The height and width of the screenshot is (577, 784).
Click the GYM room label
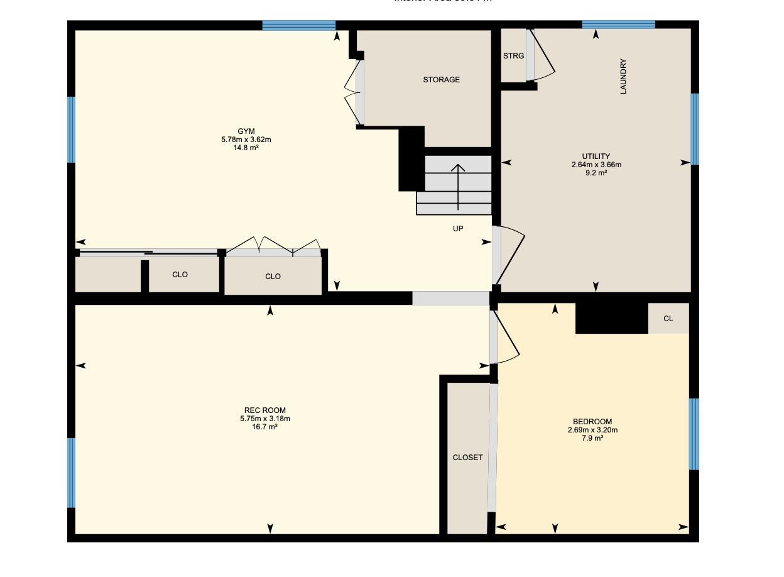(x=246, y=131)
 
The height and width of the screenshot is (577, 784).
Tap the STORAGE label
(x=441, y=80)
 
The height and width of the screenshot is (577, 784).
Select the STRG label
(x=513, y=56)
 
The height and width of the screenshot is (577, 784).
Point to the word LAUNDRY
(x=623, y=77)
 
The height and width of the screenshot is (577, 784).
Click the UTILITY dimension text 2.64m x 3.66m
(x=596, y=165)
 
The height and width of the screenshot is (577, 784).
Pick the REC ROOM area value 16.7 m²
(x=264, y=427)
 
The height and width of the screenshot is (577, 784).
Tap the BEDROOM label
(x=592, y=422)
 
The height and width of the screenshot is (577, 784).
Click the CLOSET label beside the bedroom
(x=467, y=458)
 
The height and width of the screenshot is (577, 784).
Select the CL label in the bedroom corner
(x=668, y=319)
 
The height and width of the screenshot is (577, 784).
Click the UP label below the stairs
(x=458, y=229)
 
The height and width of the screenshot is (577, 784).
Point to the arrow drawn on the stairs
(x=458, y=186)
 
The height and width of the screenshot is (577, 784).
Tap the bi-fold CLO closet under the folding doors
(x=273, y=277)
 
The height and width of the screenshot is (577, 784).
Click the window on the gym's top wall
(x=298, y=26)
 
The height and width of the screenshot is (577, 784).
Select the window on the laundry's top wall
(x=618, y=25)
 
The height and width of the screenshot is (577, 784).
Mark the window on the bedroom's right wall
(x=694, y=434)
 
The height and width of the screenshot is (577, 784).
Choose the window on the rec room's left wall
(x=72, y=472)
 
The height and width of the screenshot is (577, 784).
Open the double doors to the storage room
(x=352, y=94)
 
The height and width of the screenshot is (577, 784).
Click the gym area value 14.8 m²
(x=246, y=148)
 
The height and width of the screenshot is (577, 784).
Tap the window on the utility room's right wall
(x=694, y=129)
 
